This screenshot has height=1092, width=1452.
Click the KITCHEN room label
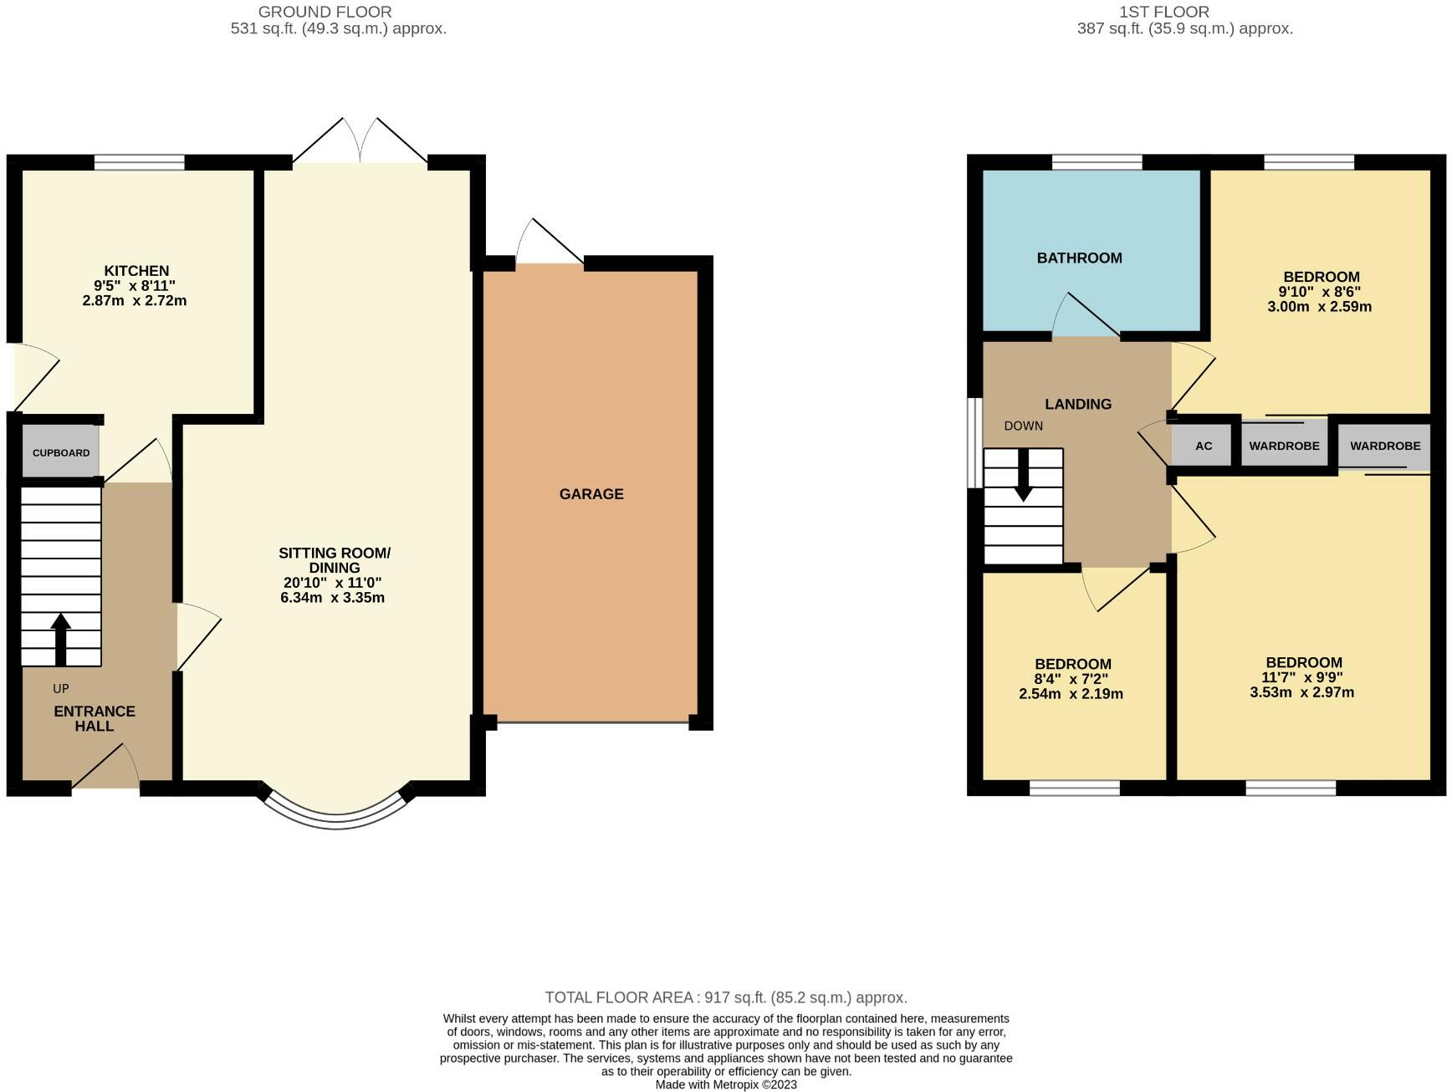click(136, 271)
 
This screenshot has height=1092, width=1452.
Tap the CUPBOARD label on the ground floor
click(61, 453)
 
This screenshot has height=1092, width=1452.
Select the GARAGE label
click(591, 494)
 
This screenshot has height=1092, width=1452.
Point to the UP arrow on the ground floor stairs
click(60, 640)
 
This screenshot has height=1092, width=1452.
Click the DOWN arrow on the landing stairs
click(1023, 476)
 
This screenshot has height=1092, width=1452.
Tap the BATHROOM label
click(1079, 258)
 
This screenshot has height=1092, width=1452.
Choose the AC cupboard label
click(1204, 446)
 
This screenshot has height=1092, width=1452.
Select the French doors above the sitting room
click(360, 140)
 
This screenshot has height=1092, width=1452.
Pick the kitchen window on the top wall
click(139, 162)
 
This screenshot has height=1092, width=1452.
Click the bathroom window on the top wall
click(1097, 162)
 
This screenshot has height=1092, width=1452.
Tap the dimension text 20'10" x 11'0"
click(333, 583)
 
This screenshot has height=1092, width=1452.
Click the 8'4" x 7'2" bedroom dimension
click(1072, 680)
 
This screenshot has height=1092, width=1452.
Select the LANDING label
click(1078, 405)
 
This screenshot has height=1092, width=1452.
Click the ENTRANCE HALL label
click(95, 719)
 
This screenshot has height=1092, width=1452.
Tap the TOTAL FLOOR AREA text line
click(726, 998)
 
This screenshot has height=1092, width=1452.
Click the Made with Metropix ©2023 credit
click(726, 1085)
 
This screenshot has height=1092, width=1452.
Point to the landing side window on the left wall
click(974, 441)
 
